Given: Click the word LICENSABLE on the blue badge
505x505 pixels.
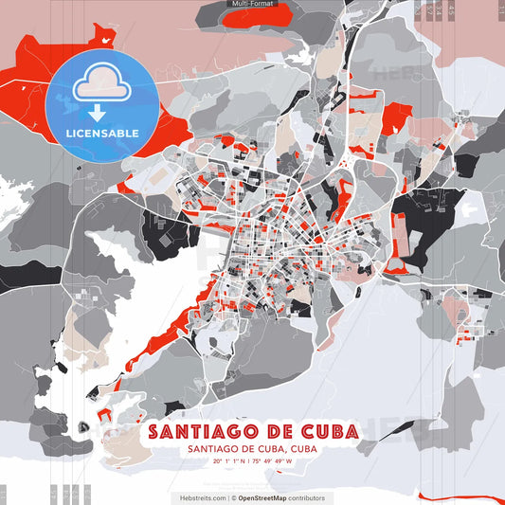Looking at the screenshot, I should click(x=103, y=132).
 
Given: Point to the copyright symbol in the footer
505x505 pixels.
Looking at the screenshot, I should click(x=233, y=497).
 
